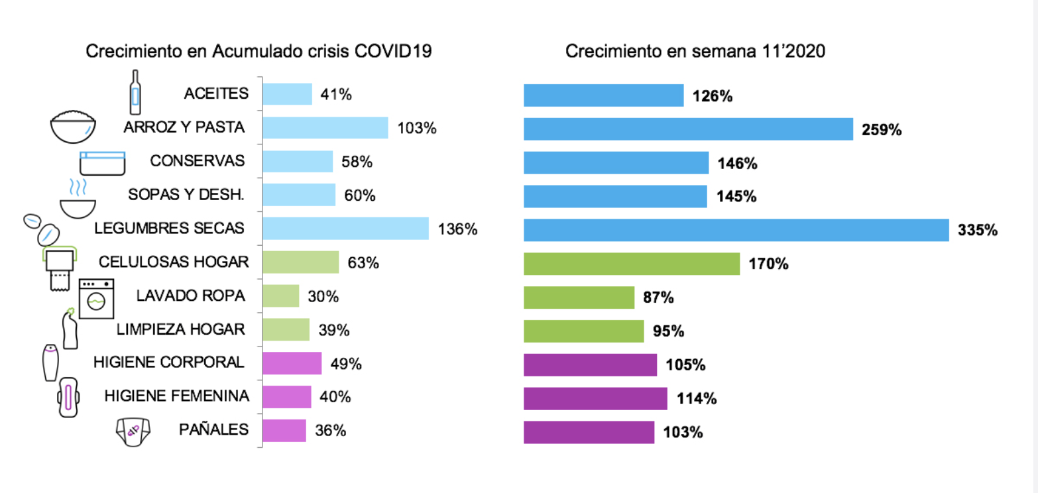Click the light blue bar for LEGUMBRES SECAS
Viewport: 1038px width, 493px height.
[x=345, y=229]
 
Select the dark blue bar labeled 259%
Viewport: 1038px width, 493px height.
[x=688, y=129]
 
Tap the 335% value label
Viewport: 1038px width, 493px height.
[x=977, y=230]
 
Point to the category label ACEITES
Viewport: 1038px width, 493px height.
[x=216, y=94]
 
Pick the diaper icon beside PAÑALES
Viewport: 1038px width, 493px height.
[x=131, y=431]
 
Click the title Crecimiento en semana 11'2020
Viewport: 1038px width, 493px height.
[x=695, y=52]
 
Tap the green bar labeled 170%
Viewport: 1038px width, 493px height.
[x=632, y=264]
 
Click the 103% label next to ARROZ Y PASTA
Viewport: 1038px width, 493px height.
[x=417, y=128]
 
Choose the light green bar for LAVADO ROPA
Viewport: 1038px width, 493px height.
[x=281, y=296]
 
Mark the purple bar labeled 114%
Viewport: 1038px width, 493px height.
[x=595, y=398]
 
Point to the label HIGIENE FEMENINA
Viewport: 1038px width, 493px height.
[x=177, y=397]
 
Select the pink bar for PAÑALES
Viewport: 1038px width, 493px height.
[x=284, y=431]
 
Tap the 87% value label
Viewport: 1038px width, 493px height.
[x=658, y=298]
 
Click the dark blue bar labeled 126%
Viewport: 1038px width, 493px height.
[x=603, y=95]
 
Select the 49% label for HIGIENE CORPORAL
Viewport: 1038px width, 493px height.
[x=345, y=364]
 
